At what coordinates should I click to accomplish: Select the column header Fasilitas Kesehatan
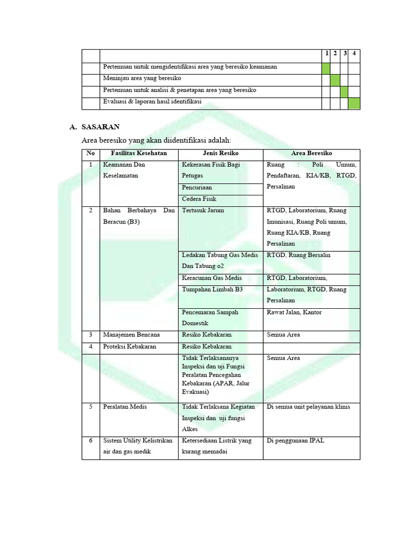pyautogui.click(x=138, y=153)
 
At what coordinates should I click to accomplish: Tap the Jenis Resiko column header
pyautogui.click(x=220, y=153)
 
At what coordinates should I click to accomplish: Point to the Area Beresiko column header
pyautogui.click(x=311, y=153)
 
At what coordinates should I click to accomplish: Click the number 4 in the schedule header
pyautogui.click(x=354, y=53)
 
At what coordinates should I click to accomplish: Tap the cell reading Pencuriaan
pyautogui.click(x=197, y=188)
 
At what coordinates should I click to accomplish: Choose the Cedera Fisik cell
pyautogui.click(x=198, y=199)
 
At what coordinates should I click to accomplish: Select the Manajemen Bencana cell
pyautogui.click(x=132, y=335)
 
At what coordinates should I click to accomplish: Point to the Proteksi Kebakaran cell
pyautogui.click(x=129, y=346)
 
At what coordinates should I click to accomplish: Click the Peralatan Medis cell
pyautogui.click(x=124, y=407)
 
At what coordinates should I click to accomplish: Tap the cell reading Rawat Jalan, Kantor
pyautogui.click(x=294, y=312)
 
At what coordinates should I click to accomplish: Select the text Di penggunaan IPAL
pyautogui.click(x=295, y=440)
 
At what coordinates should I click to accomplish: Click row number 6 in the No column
pyautogui.click(x=90, y=440)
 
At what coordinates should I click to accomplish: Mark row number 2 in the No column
pyautogui.click(x=90, y=211)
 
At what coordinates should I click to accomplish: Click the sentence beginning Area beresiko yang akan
pyautogui.click(x=156, y=141)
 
